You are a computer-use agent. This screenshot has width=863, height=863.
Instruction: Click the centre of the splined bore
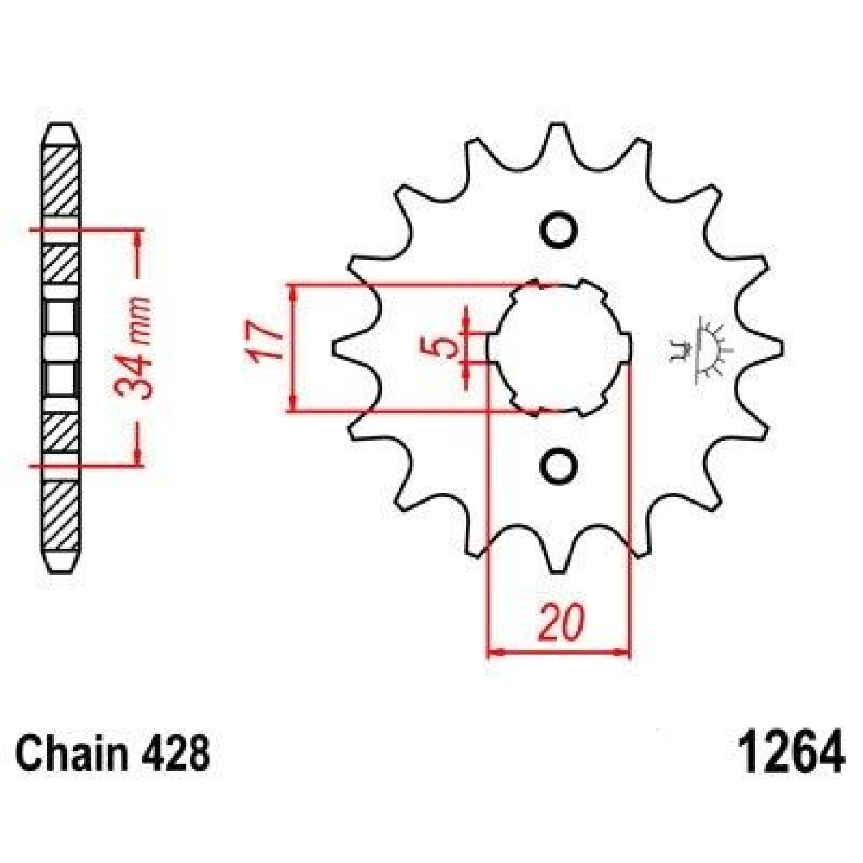[559, 348]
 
